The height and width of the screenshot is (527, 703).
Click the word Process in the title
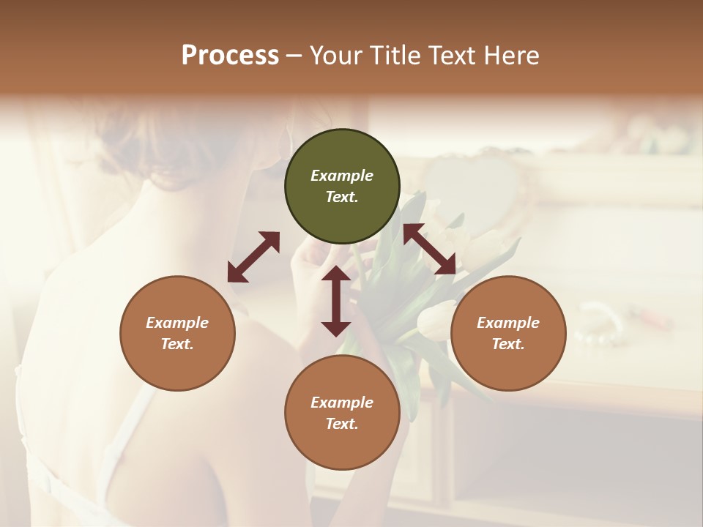pyautogui.click(x=230, y=56)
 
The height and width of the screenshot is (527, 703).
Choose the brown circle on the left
pyautogui.click(x=177, y=333)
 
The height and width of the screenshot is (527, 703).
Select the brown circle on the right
pyautogui.click(x=508, y=333)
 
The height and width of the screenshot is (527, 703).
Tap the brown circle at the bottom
pyautogui.click(x=342, y=413)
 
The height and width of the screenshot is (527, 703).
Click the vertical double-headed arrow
pyautogui.click(x=336, y=301)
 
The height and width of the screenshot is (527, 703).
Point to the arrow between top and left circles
pyautogui.click(x=253, y=257)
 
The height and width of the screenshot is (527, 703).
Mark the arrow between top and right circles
pyautogui.click(x=430, y=250)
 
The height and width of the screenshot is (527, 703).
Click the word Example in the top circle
pyautogui.click(x=342, y=176)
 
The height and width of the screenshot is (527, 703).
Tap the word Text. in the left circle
pyautogui.click(x=177, y=344)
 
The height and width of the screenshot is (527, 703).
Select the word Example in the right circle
pyautogui.click(x=508, y=323)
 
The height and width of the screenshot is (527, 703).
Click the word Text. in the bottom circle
pyautogui.click(x=342, y=424)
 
